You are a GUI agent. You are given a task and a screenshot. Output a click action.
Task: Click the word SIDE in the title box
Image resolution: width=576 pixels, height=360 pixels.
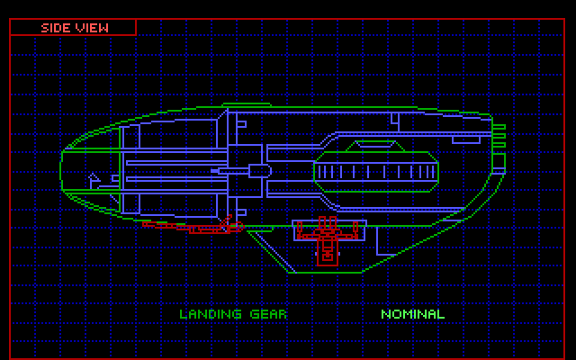coord(57,27)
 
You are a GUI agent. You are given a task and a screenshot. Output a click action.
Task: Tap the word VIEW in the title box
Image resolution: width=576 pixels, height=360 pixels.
coord(93,27)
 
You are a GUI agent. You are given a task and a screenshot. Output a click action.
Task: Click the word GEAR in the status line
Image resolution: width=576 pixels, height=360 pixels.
coord(268,314)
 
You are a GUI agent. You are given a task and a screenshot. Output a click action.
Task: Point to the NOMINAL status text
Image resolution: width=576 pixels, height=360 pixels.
coord(412,314)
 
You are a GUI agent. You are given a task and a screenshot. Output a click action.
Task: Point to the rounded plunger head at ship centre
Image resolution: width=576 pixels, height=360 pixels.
coord(258,169)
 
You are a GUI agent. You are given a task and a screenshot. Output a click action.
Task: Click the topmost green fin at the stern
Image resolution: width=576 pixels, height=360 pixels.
coord(498,129)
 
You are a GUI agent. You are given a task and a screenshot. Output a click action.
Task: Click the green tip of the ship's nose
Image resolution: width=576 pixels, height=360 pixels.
coord(62,168)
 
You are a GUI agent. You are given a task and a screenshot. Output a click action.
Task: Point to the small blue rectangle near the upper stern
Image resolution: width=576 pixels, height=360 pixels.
coord(467,140)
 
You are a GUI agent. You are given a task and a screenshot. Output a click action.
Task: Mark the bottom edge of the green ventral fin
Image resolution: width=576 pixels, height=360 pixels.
coord(324,271)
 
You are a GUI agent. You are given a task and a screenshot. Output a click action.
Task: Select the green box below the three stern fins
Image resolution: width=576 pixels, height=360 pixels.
coord(498,161)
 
